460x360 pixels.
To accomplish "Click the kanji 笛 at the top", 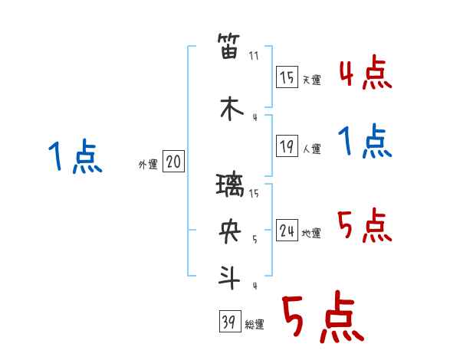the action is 228,46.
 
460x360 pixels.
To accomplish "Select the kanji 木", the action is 232,109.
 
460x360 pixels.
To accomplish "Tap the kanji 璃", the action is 230,185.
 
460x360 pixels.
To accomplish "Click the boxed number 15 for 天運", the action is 287,77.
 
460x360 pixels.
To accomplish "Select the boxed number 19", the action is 287,146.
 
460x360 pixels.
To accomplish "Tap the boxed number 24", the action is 287,230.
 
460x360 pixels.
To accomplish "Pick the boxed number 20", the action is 173,161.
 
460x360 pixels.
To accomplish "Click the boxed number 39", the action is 230,321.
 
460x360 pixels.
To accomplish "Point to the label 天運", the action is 311,80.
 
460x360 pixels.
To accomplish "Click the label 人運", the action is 311,149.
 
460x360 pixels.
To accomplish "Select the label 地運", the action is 311,233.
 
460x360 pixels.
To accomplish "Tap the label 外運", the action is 148,165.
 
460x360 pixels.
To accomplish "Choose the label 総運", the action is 255,325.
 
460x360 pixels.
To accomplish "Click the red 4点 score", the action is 366,73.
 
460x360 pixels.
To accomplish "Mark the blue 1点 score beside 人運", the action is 365,141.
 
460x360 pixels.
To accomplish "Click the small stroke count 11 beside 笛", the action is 254,56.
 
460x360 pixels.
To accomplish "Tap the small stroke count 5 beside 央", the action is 255,240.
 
